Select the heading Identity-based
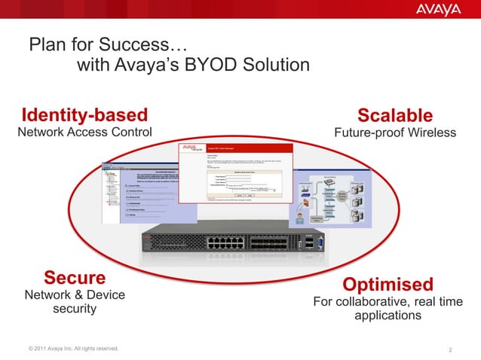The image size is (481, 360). point(84,115)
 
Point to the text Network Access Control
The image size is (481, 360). point(84,133)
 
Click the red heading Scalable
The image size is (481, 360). point(395,115)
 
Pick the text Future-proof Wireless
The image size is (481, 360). point(395,133)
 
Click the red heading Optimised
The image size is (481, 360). point(388,285)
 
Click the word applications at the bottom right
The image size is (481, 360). point(388,316)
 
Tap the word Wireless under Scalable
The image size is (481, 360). point(430,133)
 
